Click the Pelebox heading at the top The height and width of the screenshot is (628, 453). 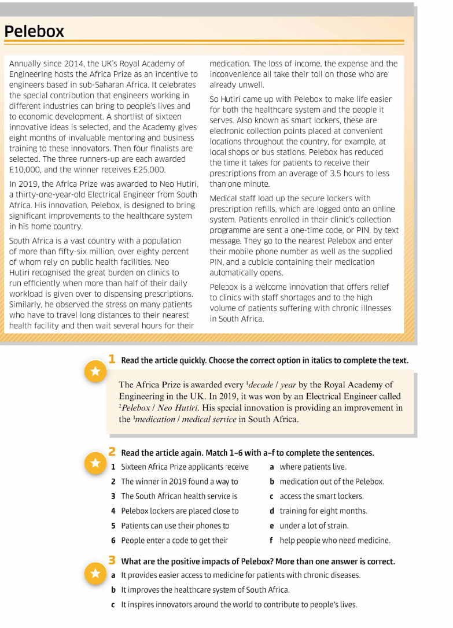(x=34, y=32)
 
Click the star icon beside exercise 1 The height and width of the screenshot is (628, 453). (x=95, y=371)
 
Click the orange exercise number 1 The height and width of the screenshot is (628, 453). (x=112, y=359)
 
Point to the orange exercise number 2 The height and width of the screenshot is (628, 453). (x=112, y=451)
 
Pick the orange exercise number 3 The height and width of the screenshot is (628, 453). (x=112, y=560)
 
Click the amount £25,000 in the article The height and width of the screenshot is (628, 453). (x=145, y=169)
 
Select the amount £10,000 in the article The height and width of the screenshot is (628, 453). (x=29, y=169)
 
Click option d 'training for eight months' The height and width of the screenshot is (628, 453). (x=323, y=511)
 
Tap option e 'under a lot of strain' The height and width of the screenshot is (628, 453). (x=314, y=526)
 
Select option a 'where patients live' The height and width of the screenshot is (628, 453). (x=313, y=467)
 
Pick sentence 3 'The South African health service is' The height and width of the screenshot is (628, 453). (x=179, y=496)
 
